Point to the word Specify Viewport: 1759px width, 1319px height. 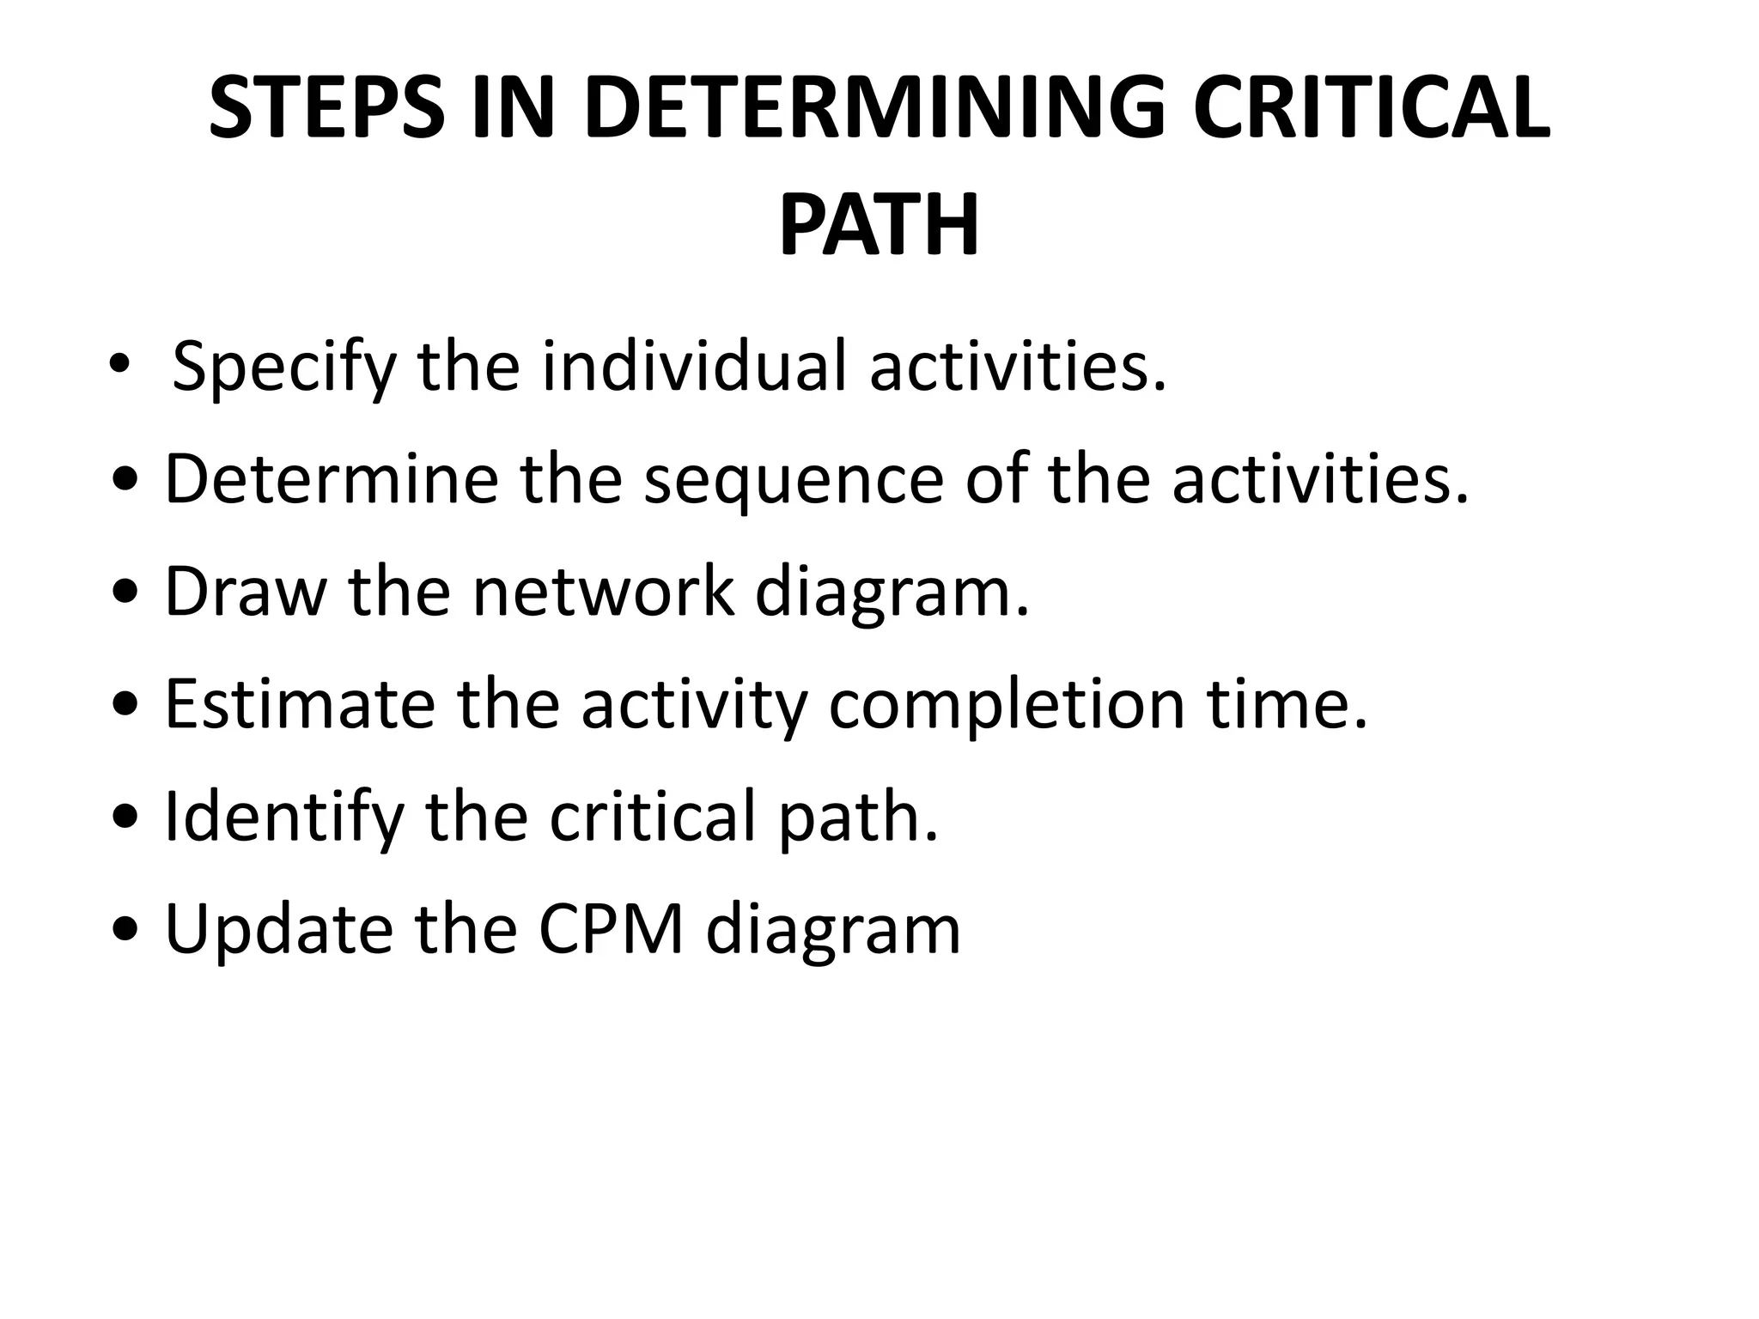point(284,368)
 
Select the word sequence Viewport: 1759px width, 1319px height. point(794,481)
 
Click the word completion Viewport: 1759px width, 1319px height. point(1006,707)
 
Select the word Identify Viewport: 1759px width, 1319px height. point(283,818)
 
